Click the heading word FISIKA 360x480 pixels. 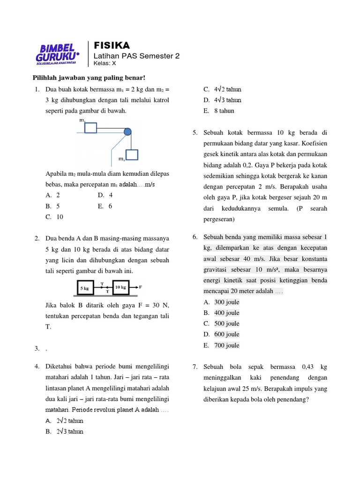(x=112, y=45)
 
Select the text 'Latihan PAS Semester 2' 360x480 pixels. (x=137, y=56)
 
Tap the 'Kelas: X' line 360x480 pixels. (x=105, y=63)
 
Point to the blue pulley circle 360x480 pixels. (x=127, y=132)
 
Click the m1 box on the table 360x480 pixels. (x=91, y=127)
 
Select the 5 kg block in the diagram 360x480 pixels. (x=84, y=288)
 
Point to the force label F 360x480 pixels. (x=141, y=286)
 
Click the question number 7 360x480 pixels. (x=195, y=367)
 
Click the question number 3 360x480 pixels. (x=37, y=348)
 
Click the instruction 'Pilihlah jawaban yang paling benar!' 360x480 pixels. (x=89, y=77)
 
